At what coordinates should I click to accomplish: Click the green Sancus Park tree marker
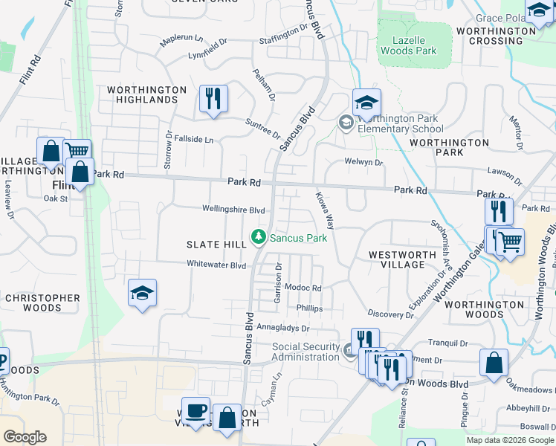pos(259,238)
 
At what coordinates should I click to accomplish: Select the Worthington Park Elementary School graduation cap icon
pos(366,103)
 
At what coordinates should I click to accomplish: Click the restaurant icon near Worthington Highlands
pos(213,99)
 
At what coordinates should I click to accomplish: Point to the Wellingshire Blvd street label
pos(234,210)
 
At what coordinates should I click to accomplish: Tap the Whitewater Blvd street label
pos(216,265)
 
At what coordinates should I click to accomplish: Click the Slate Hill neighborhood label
pos(216,245)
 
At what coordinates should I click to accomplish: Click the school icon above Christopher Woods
pos(142,294)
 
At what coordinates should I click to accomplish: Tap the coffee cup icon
pos(196,411)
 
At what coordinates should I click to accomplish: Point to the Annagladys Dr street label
pos(282,327)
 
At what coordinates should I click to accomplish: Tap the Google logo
pos(25,437)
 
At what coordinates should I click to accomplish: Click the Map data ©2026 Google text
pos(509,440)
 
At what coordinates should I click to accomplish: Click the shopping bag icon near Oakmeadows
pos(494,363)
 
